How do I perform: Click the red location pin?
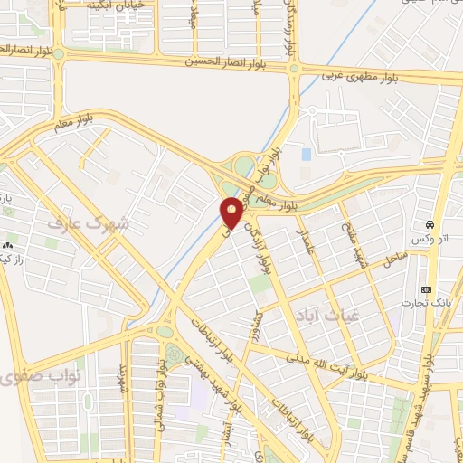[x=231, y=213]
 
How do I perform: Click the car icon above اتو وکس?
[x=430, y=224]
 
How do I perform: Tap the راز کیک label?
[x=18, y=260]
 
